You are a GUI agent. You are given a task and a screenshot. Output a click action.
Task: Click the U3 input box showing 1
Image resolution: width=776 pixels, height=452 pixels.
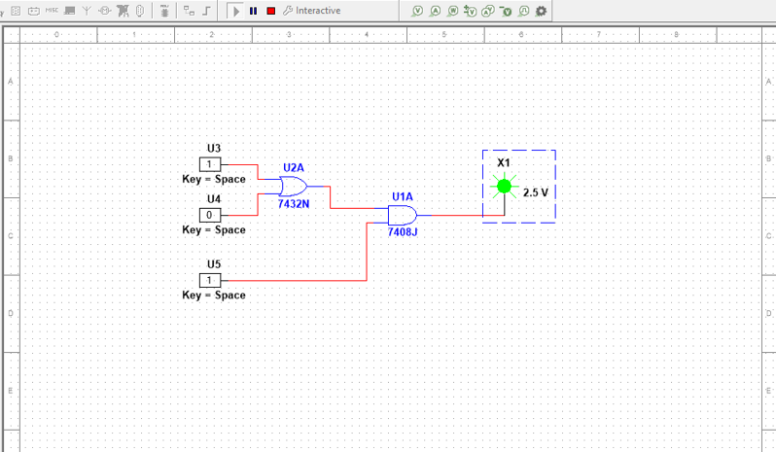tap(211, 164)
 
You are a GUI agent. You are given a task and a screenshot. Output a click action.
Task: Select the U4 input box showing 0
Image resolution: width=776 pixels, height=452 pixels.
tap(211, 215)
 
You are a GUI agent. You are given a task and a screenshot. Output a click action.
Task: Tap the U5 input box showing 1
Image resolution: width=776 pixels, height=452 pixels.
tap(211, 280)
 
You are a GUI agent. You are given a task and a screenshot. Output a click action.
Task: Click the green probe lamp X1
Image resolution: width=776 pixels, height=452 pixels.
tap(503, 186)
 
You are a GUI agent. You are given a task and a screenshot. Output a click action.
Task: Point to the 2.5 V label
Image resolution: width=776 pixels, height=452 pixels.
tap(536, 192)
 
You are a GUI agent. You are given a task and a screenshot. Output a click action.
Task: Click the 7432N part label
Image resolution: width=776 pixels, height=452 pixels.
tap(294, 204)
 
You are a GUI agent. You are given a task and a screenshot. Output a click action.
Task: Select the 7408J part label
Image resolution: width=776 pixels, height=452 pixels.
tap(403, 232)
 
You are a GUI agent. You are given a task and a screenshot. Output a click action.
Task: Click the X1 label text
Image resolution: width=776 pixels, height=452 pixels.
tap(503, 162)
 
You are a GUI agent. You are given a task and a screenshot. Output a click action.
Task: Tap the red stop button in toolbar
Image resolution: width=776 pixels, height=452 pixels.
tap(270, 11)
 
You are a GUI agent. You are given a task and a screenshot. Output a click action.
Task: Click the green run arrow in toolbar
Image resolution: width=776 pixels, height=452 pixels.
tap(235, 11)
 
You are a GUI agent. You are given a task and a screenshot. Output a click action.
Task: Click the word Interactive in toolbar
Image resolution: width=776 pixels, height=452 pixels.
tap(318, 11)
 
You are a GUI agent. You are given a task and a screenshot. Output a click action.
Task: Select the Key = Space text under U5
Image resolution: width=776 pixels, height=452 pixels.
tap(214, 295)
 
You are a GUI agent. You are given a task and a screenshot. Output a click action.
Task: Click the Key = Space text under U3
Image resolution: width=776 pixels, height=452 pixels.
tap(214, 179)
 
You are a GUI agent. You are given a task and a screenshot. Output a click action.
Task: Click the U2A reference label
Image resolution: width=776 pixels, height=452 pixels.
tap(294, 167)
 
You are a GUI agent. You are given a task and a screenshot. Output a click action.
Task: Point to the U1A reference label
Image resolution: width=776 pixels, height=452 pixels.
tap(403, 196)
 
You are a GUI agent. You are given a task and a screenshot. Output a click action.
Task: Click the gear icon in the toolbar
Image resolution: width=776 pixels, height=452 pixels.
tap(541, 11)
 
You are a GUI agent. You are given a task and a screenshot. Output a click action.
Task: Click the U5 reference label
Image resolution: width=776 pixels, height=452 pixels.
tap(214, 263)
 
